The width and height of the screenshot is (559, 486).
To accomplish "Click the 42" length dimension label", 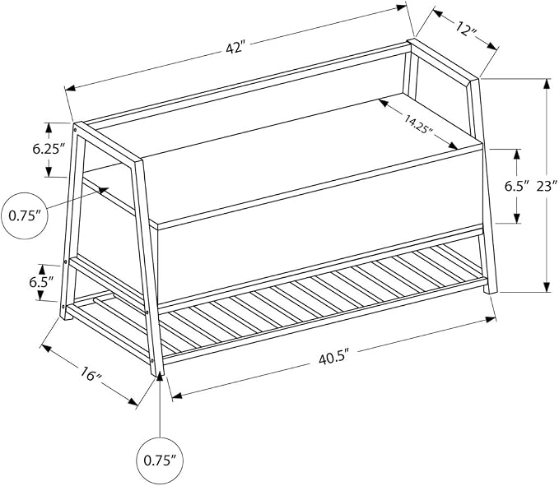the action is pos(236,47).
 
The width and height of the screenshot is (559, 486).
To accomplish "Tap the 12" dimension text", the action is pos(466,29).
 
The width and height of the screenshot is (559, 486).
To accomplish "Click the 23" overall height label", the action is pos(547,186).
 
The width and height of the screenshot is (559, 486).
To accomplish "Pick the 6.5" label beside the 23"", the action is pos(515,186).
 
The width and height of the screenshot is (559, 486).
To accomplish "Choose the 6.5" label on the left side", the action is pos(41,282).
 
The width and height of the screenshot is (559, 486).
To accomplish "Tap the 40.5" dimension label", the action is pos(333,359).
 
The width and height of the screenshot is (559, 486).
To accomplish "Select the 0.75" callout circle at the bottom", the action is pos(160,461).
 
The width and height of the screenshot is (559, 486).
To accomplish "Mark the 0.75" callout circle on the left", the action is pos(25,215).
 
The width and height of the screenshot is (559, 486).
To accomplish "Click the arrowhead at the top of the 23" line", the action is pos(546,85).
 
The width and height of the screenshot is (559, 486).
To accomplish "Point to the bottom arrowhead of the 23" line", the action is pos(546,287).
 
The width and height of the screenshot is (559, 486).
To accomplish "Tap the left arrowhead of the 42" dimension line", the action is pos(69,88).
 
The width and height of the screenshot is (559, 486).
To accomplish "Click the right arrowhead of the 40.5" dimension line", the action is pos(491,319).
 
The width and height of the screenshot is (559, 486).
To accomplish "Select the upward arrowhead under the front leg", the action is pos(160,377).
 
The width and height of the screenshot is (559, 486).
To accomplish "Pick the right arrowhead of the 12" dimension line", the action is pos(492,46).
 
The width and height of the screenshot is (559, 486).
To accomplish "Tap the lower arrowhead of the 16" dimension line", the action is pos(133,402).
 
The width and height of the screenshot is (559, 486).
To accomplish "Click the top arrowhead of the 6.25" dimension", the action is pos(49,128).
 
